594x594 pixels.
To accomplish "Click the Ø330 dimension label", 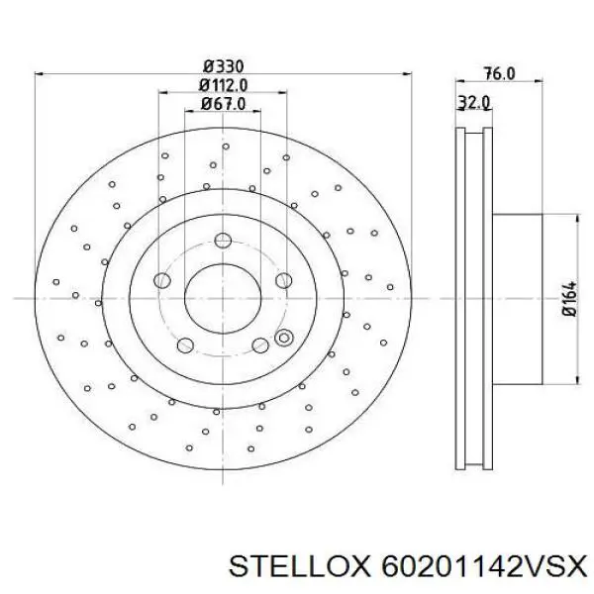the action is pos(223,66).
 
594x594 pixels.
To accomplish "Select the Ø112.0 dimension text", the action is pos(223,85).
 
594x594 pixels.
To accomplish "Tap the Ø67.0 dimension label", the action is pos(223,104).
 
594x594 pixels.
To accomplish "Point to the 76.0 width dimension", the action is pos(499,73).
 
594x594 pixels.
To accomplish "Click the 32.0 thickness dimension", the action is pos(473,102).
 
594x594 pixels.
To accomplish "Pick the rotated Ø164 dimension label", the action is pos(569,299).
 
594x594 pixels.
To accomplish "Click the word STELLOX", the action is pos(299,566).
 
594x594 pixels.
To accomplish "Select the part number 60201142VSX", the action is pos(483,566).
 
